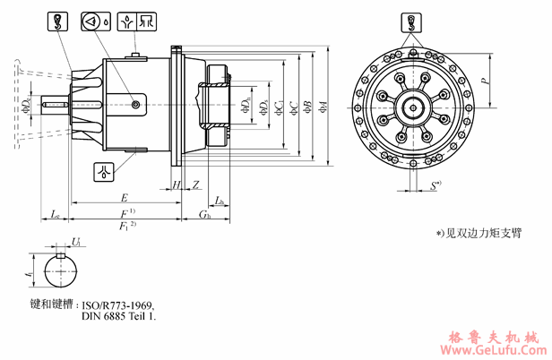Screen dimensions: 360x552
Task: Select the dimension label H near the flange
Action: tap(177, 184)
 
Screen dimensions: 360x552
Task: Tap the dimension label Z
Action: tap(194, 184)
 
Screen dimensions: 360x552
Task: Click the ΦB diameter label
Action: tap(308, 107)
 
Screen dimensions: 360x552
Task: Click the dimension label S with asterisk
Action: tap(435, 186)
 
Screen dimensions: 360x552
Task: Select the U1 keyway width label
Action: tap(78, 243)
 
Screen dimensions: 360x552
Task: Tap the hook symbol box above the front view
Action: tap(410, 20)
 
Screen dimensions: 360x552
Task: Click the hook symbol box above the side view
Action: tap(56, 21)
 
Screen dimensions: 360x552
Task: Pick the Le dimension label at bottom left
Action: tap(56, 216)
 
